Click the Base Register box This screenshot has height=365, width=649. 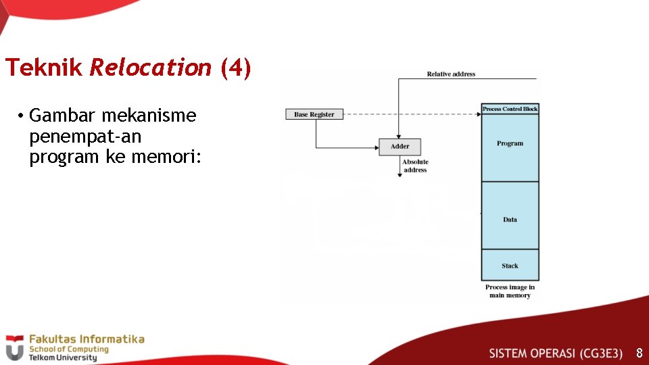pos(314,114)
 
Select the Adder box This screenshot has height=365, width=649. pos(400,146)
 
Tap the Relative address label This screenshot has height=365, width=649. pos(451,74)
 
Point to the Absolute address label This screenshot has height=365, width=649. pos(415,166)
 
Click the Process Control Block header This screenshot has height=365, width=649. pos(510,109)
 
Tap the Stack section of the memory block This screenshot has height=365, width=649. pos(510,266)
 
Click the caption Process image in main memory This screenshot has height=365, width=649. pos(510,291)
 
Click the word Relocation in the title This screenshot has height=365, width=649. pos(150,68)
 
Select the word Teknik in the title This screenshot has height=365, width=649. pos(44,68)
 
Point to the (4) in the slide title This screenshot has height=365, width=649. pos(235,68)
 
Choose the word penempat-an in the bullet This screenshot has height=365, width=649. pos(85,136)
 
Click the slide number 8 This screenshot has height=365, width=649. pos(638,353)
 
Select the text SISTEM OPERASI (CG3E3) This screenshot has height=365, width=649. pos(555,353)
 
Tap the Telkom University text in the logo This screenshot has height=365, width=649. pos(62,358)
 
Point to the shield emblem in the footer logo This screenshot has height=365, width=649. pos(14,347)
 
